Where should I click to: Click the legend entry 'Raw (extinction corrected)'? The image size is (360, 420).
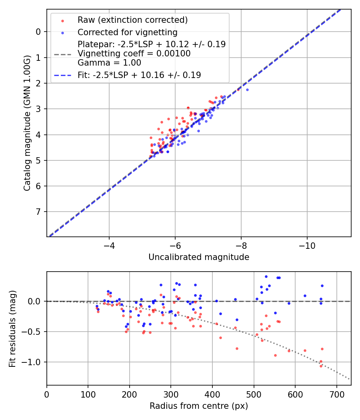132,20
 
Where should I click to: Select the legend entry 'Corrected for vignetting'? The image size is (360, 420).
127,32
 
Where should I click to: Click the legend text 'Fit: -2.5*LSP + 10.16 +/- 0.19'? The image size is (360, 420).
139,75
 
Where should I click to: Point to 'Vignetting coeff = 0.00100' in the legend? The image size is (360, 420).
134,54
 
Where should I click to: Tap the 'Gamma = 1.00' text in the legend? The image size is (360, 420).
109,63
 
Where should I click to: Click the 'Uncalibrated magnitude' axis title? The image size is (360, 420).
199,257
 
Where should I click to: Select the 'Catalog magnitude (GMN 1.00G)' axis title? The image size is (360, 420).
27,123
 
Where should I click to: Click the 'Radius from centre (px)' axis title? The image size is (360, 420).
199,406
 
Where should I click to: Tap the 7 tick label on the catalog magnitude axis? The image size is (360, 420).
38,212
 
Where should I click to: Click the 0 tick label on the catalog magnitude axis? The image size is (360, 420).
38,32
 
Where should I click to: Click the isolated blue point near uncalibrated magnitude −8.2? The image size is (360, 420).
247,90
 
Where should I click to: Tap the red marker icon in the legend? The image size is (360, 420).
62,20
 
